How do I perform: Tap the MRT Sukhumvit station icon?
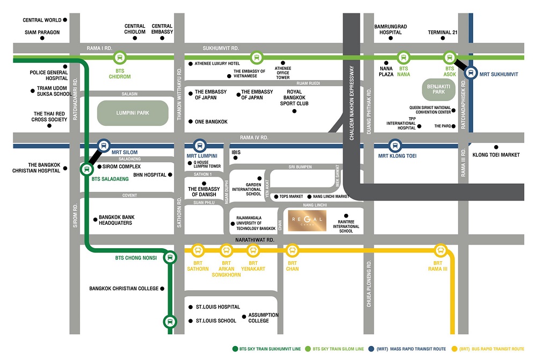click(x=471, y=73)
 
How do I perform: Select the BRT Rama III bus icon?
click(x=441, y=250)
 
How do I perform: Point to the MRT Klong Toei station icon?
click(x=395, y=145)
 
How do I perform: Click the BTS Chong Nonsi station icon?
click(x=170, y=257)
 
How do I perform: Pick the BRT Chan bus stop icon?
click(x=292, y=250)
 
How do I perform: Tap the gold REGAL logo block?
click(x=307, y=220)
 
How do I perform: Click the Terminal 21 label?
click(x=442, y=32)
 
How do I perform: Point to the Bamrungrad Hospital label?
click(x=388, y=29)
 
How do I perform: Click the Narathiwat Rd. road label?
click(x=255, y=240)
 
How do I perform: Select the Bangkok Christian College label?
click(x=124, y=289)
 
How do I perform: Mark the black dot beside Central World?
click(x=66, y=20)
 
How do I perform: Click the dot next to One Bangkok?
click(x=190, y=122)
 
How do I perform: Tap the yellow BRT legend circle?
click(x=455, y=348)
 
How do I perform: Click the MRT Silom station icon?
click(x=104, y=145)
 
